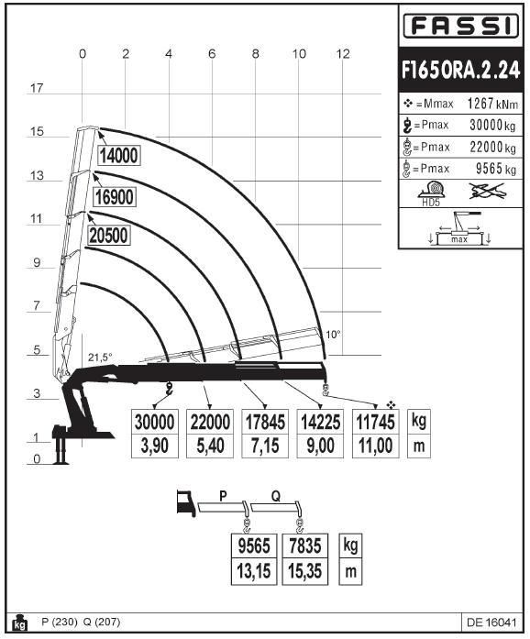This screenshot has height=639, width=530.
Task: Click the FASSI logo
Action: pyautogui.click(x=460, y=26)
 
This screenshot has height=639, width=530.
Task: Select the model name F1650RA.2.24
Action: pyautogui.click(x=460, y=70)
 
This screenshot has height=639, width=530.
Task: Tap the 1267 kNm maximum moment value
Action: pyautogui.click(x=492, y=104)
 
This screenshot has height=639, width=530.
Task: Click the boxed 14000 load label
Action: pyautogui.click(x=119, y=155)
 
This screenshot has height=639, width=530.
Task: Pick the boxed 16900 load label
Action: pyautogui.click(x=114, y=197)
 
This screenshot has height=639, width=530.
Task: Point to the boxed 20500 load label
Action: pyautogui.click(x=108, y=236)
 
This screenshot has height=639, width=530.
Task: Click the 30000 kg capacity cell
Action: pyautogui.click(x=155, y=422)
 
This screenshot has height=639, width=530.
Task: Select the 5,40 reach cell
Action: pyautogui.click(x=210, y=446)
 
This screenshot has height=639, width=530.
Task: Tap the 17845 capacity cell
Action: pyautogui.click(x=265, y=422)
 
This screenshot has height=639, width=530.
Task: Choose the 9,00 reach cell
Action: pyautogui.click(x=320, y=446)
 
